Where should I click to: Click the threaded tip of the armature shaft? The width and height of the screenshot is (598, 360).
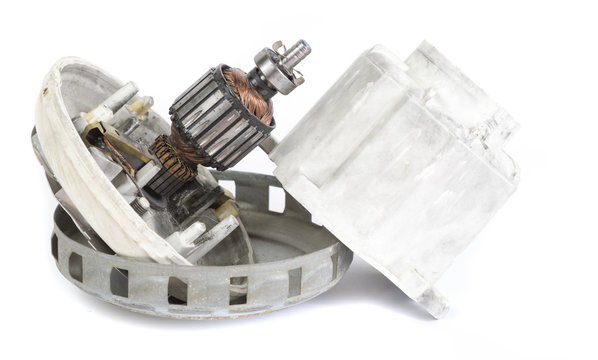pos(301,47)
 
